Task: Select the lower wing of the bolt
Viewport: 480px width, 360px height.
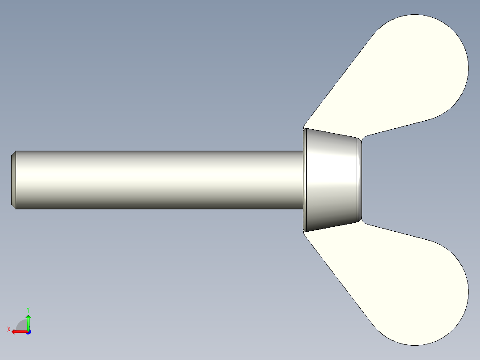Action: click(401, 281)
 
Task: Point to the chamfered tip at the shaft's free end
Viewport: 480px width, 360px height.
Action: click(13, 180)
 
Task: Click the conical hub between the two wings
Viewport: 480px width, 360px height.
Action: click(332, 180)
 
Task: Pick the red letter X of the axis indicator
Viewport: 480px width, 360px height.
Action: click(8, 329)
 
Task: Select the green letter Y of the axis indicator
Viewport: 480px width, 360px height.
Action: click(28, 309)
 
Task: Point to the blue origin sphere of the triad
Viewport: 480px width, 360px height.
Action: click(28, 331)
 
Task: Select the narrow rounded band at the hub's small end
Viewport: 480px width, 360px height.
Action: click(359, 180)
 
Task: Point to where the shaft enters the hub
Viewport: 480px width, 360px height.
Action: click(302, 180)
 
